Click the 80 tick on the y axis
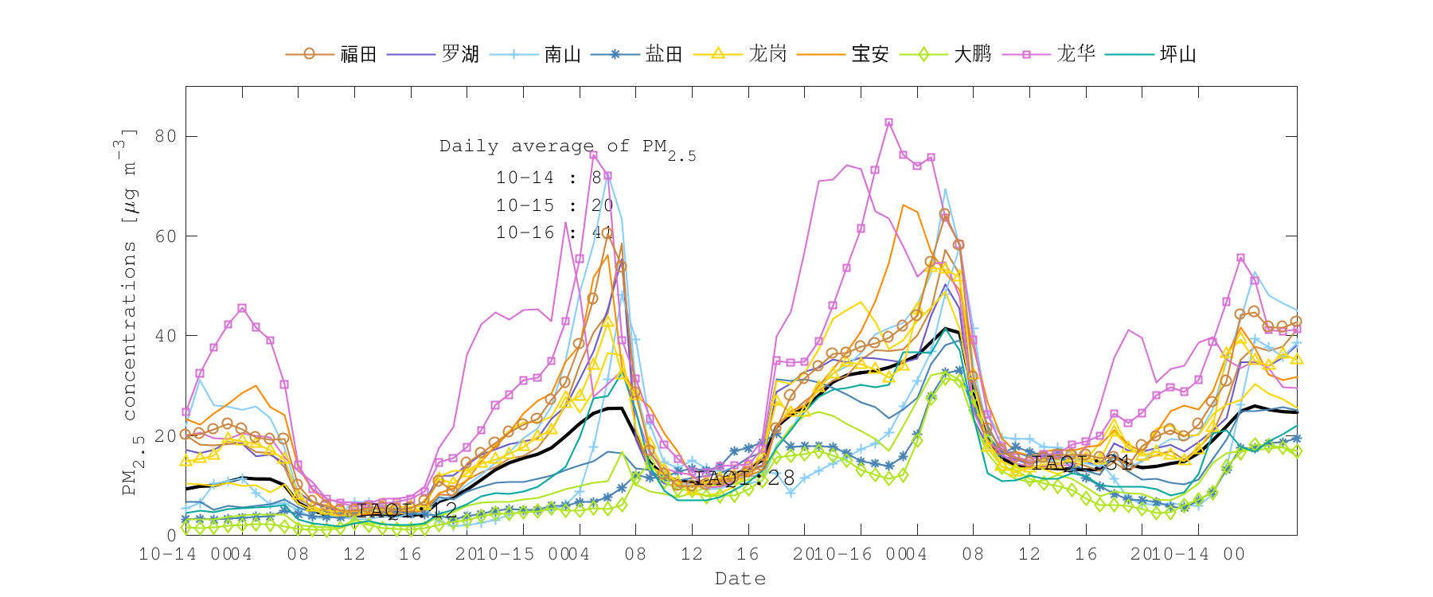166,136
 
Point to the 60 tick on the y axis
166,236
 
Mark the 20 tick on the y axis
166,436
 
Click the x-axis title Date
740,579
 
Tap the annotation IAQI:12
407,510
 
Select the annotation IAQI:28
744,478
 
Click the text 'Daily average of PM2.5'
567,148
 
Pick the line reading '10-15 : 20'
555,205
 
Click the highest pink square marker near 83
888,123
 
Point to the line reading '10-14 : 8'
549,178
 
